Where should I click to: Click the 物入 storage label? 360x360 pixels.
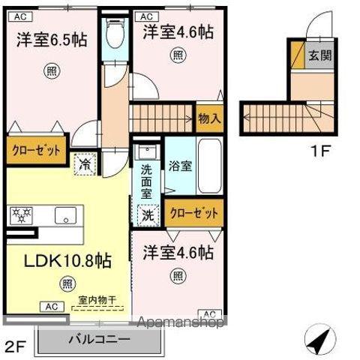[209, 118]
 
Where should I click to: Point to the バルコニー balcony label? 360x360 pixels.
[99, 339]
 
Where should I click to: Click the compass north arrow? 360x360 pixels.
[321, 340]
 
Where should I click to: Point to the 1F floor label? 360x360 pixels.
[321, 150]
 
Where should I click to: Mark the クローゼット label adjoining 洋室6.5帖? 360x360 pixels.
[35, 150]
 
